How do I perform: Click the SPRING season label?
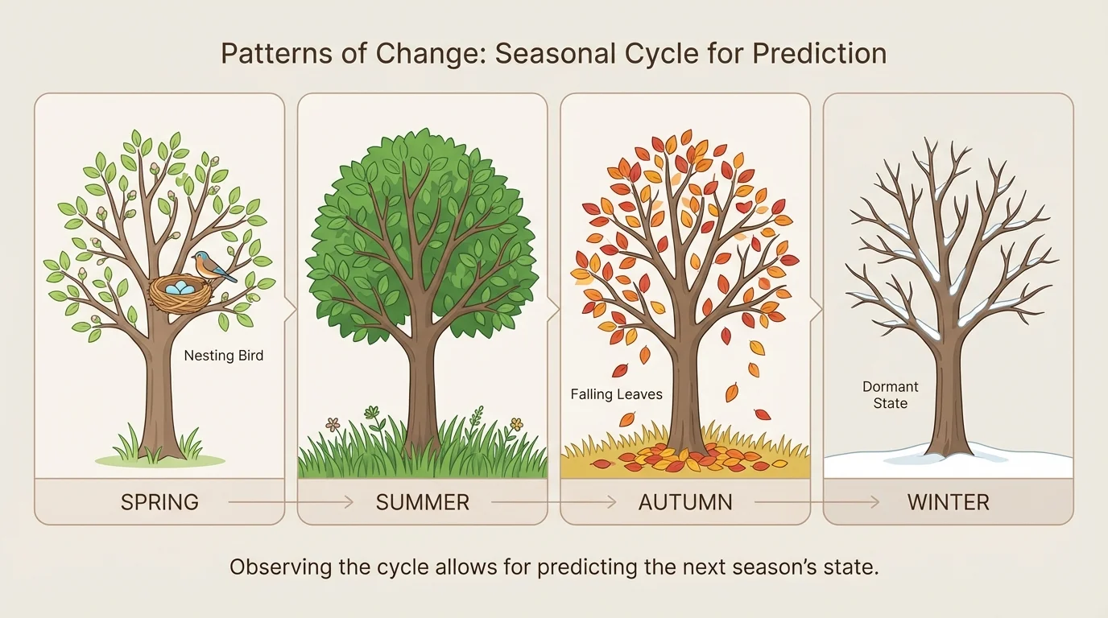click(x=159, y=503)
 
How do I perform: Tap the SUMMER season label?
click(x=422, y=503)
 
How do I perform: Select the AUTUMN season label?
click(x=685, y=503)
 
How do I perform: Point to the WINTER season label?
click(x=948, y=503)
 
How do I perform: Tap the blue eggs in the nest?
click(x=180, y=286)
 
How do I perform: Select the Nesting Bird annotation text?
click(x=223, y=356)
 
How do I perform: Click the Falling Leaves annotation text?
click(x=616, y=394)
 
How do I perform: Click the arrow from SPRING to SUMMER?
click(x=290, y=503)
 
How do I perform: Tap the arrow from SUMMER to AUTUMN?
click(x=553, y=503)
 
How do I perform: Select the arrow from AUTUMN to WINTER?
click(x=816, y=503)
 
